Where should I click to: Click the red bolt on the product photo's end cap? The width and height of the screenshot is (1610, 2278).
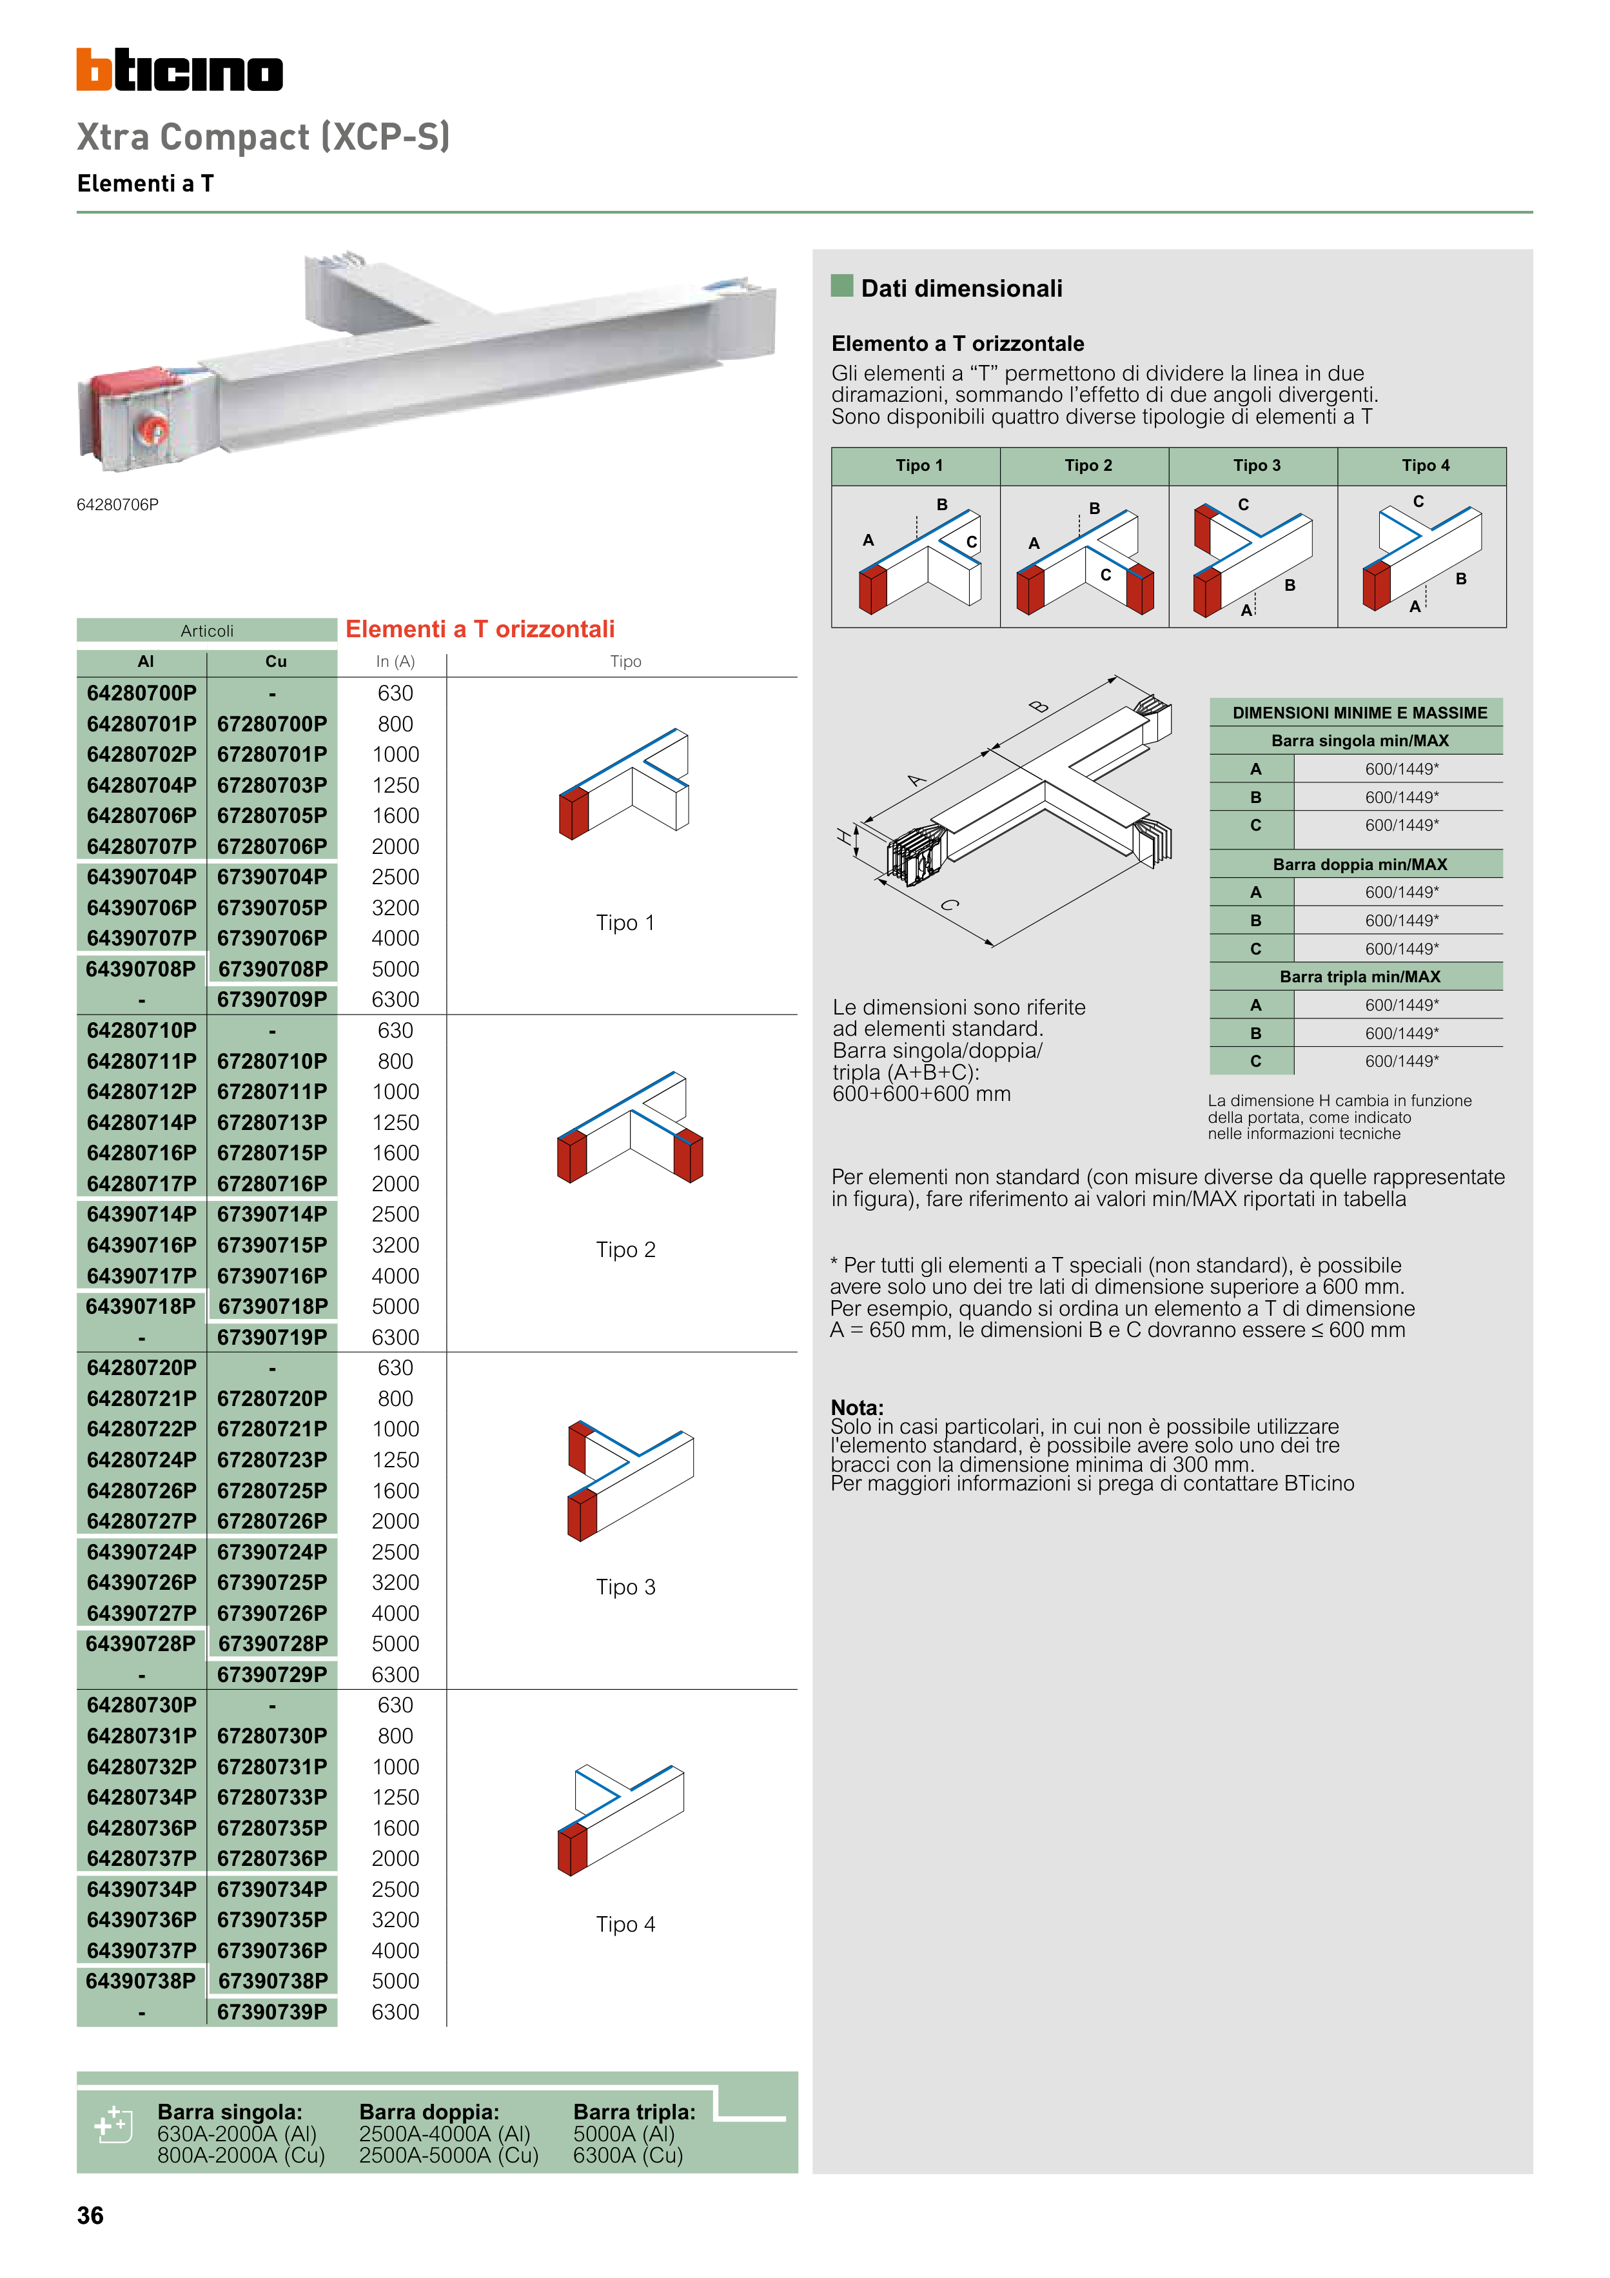pos(156,430)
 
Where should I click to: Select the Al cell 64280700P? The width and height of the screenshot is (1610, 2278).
pos(142,693)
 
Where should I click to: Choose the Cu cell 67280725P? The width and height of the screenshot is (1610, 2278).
pos(272,1491)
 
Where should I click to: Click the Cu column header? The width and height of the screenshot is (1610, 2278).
pos(276,661)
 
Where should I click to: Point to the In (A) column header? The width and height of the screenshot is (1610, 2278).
pos(395,661)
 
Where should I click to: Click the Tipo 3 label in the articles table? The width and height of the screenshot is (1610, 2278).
pos(625,1587)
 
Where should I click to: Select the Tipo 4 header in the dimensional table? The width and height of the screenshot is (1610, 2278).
pos(1424,465)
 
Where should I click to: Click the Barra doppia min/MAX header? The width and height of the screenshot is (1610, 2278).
pos(1359,864)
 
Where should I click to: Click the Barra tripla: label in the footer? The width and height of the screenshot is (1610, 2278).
pos(634,2112)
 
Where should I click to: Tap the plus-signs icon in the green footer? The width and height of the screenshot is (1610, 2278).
pos(112,2125)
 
